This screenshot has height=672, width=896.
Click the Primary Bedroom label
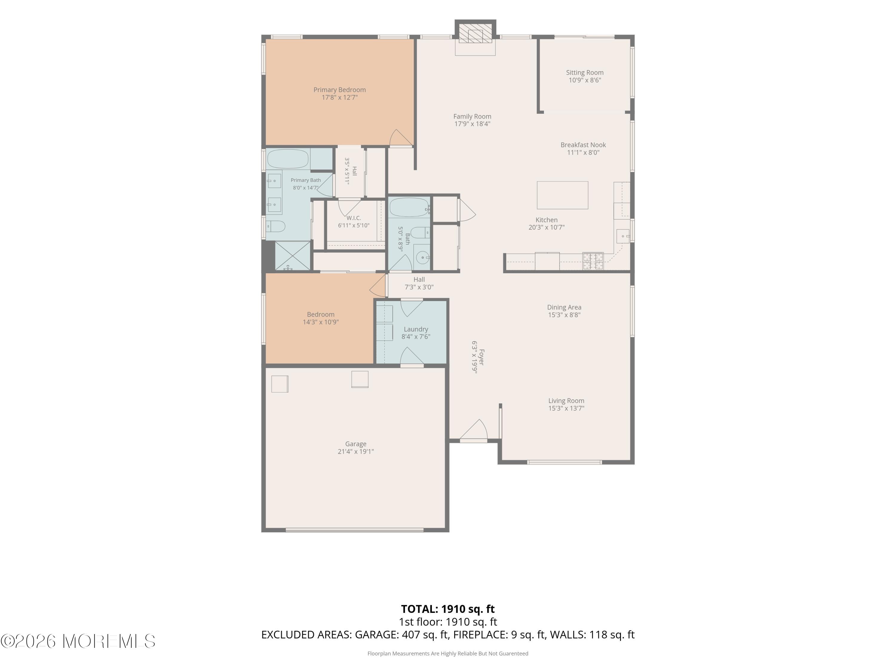(340, 90)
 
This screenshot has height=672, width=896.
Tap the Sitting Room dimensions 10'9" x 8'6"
(584, 80)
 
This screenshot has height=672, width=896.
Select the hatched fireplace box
(475, 33)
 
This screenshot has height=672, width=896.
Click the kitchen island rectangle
(562, 195)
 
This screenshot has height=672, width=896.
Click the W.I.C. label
(354, 218)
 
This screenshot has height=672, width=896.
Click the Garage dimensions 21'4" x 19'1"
(356, 452)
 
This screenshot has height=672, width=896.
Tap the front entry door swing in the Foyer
(473, 430)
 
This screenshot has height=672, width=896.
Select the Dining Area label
(564, 307)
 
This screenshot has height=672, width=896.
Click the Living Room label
(566, 401)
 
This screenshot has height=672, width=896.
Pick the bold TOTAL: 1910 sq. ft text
(448, 609)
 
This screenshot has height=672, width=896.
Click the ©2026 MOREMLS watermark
(78, 641)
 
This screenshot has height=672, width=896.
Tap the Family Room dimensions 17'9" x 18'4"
(472, 124)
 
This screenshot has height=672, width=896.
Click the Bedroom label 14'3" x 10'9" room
(320, 314)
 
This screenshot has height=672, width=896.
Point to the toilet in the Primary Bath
(276, 226)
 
